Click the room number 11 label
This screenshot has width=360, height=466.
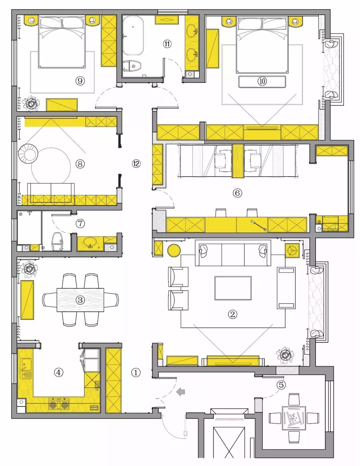click(x=167, y=44)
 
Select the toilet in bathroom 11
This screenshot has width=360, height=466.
click(x=132, y=66)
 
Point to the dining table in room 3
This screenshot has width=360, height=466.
click(x=80, y=300)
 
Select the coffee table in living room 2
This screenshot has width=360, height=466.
click(x=233, y=288)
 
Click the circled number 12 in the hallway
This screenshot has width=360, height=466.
click(x=136, y=164)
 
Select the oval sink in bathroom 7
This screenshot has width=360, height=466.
click(x=90, y=242)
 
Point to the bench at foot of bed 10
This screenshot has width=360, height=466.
click(x=262, y=82)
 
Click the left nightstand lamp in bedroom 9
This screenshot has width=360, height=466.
click(x=32, y=20)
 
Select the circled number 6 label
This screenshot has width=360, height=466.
click(x=237, y=193)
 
